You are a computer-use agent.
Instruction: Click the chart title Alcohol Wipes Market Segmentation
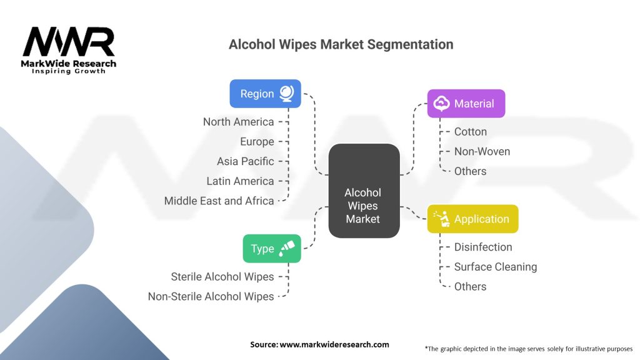341,44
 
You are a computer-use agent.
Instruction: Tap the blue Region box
265,94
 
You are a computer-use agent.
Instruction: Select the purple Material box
466,104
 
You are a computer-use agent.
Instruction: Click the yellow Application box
472,219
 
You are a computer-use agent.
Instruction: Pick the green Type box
271,248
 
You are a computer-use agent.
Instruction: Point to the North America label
238,121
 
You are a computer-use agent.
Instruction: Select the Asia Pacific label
245,161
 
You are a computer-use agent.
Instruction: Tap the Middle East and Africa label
219,201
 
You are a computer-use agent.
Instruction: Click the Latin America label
240,181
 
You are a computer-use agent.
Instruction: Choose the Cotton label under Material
470,131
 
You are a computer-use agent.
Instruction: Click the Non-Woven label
482,151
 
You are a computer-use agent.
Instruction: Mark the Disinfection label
482,247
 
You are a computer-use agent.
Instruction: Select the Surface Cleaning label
495,267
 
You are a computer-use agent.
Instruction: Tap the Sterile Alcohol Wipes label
222,276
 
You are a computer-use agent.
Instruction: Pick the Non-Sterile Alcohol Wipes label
211,296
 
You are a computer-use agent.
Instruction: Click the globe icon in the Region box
287,93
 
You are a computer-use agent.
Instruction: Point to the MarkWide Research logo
69,50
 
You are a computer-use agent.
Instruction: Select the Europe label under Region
257,141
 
